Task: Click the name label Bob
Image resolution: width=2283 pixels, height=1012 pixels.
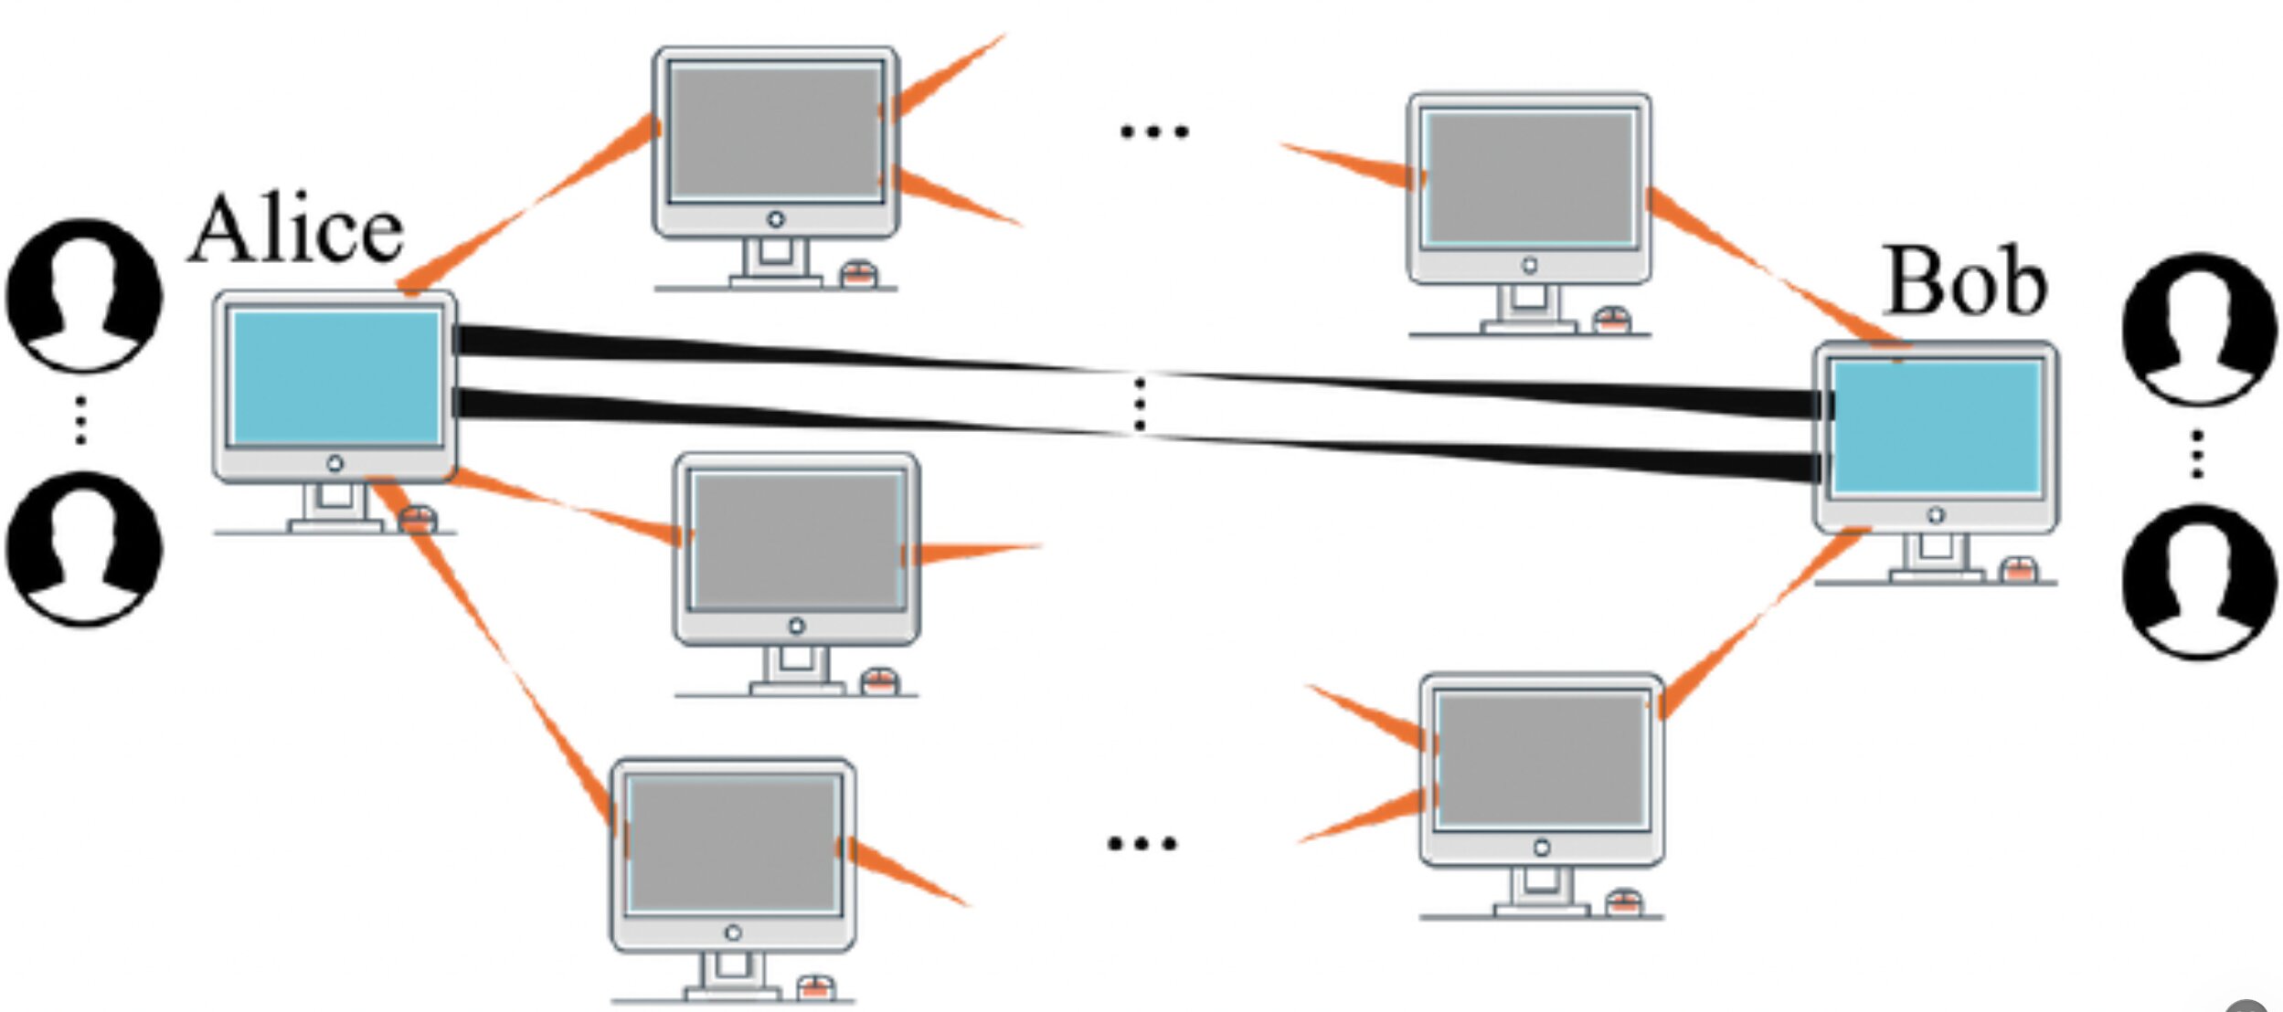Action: pos(1966,280)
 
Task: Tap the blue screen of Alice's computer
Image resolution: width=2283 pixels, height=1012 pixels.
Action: pos(335,377)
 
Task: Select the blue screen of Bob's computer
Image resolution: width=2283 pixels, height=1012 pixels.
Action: pos(1937,427)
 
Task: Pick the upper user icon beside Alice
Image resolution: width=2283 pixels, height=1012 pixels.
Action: pos(84,295)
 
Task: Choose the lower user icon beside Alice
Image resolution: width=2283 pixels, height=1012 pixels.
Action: pos(84,548)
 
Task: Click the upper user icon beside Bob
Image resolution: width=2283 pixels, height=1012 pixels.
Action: pos(2199,329)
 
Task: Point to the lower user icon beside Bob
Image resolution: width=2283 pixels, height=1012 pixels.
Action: pos(2199,582)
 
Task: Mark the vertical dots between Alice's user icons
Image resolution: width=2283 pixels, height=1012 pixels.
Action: pos(81,420)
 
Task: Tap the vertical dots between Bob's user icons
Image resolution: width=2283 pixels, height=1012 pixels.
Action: pos(2198,454)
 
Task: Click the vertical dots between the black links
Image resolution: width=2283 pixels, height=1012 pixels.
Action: pos(1139,404)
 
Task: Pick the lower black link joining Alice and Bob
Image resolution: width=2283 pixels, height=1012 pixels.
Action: pos(1138,435)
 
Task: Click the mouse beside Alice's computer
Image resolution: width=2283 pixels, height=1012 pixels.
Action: pos(418,519)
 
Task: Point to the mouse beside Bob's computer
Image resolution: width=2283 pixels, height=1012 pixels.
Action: pos(2019,570)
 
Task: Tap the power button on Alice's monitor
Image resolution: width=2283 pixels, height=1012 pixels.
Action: pos(335,464)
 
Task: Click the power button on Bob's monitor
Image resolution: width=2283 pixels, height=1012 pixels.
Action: pos(1936,515)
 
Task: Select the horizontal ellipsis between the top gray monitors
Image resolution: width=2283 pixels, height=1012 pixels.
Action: pos(1154,132)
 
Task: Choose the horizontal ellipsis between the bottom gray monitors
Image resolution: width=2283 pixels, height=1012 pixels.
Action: pos(1141,843)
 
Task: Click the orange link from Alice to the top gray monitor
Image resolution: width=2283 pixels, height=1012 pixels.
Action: pos(530,204)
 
